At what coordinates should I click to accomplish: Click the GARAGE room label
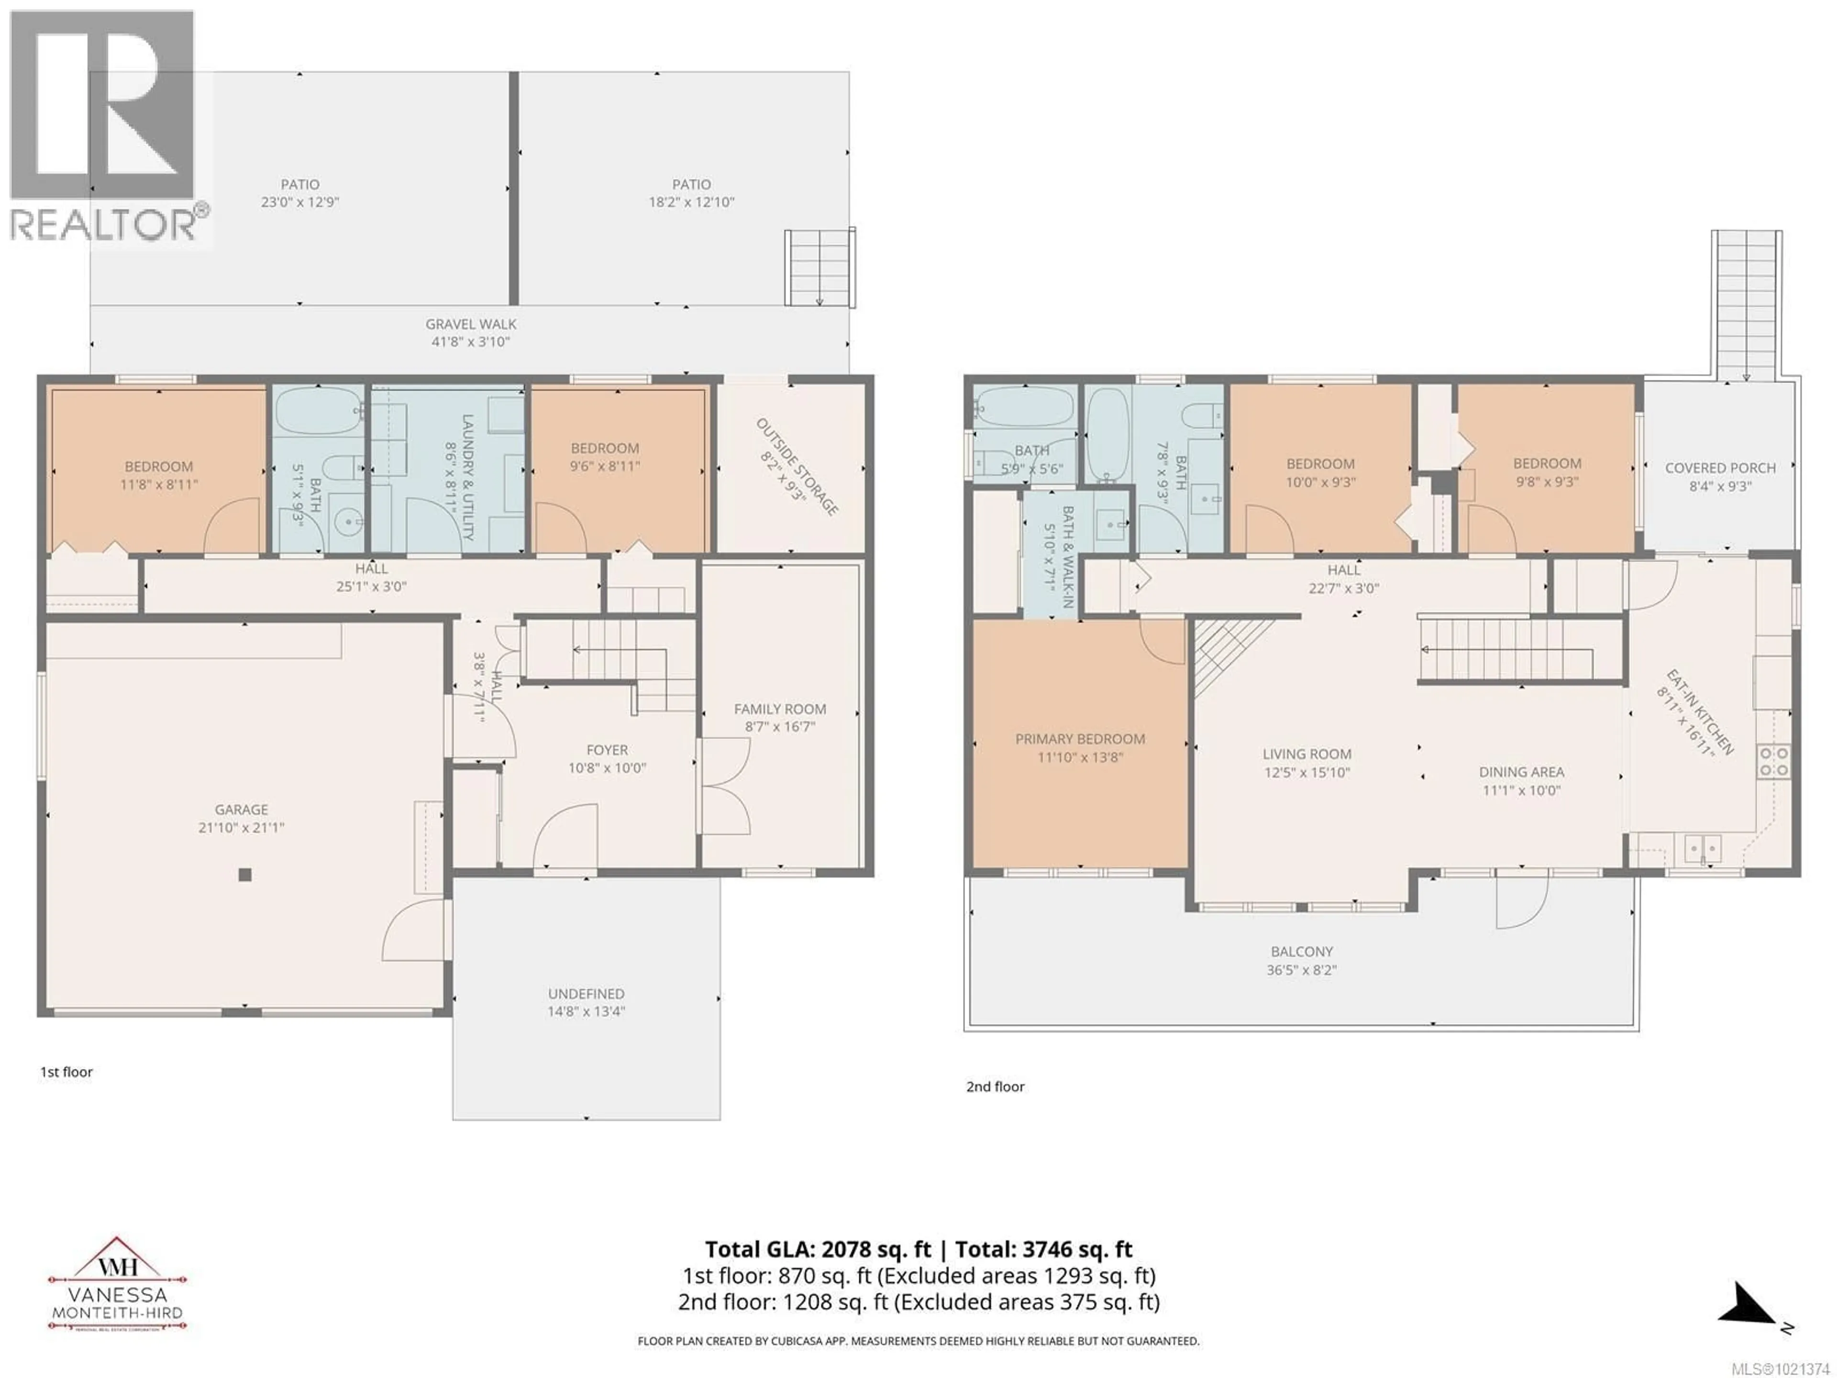point(241,809)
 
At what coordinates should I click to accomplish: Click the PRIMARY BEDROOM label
point(1080,738)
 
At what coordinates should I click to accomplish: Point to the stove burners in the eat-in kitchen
point(1773,761)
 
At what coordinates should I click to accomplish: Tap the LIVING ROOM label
point(1306,754)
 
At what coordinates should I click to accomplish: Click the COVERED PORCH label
point(1720,467)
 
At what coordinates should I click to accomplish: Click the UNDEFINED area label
point(586,993)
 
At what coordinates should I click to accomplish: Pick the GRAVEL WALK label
point(471,324)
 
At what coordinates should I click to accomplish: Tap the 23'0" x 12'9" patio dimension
point(300,202)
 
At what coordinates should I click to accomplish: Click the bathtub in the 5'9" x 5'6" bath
point(1024,408)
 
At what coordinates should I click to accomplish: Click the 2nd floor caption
point(995,1087)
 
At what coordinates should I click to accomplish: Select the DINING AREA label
point(1521,772)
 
